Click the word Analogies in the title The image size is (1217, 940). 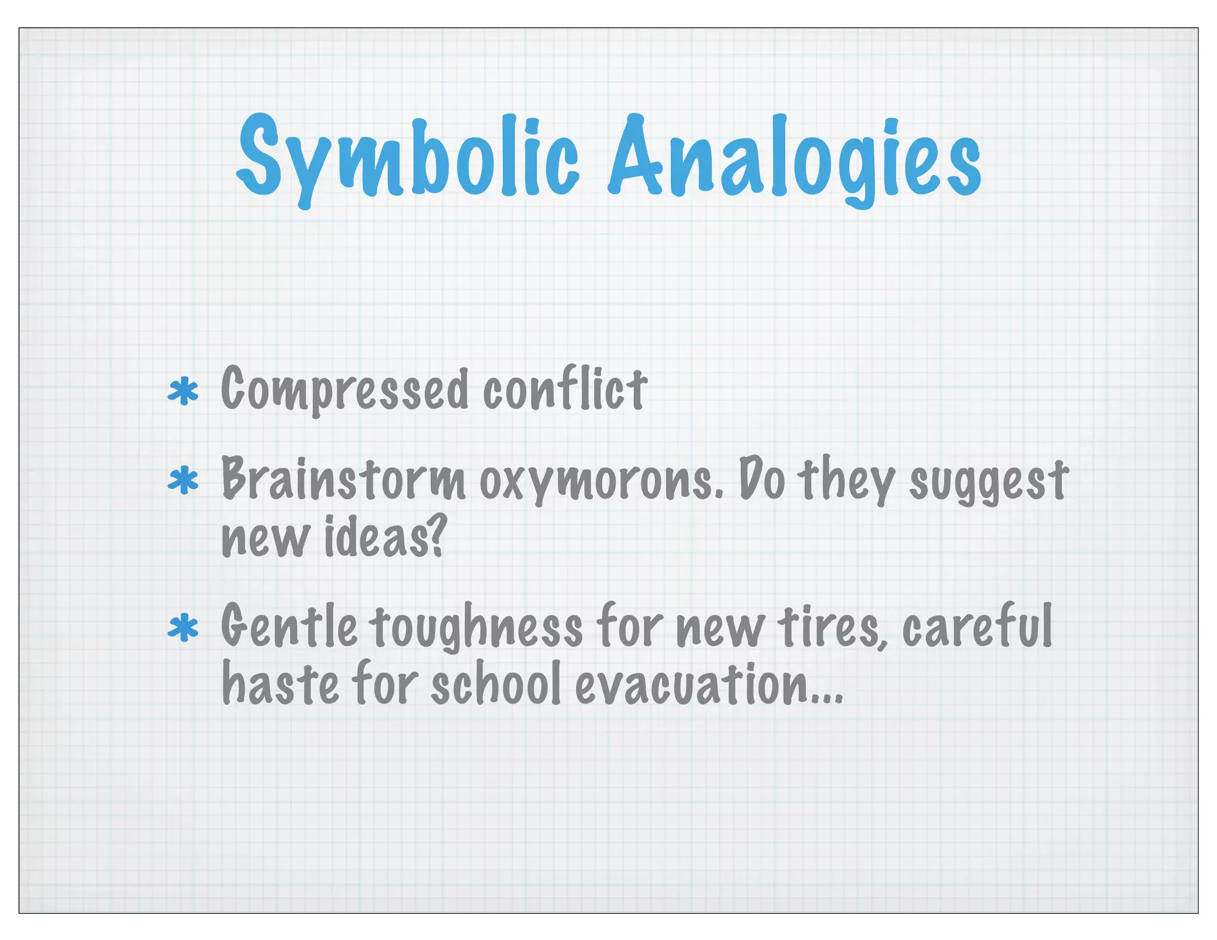point(794,157)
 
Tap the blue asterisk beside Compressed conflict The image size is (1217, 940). point(183,392)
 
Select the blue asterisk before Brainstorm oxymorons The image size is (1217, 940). point(183,481)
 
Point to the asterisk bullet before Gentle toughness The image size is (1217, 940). point(183,629)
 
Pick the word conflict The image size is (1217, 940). point(565,389)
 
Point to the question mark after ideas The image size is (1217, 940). point(436,538)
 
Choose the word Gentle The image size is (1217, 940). point(289,627)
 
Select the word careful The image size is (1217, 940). point(977,626)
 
